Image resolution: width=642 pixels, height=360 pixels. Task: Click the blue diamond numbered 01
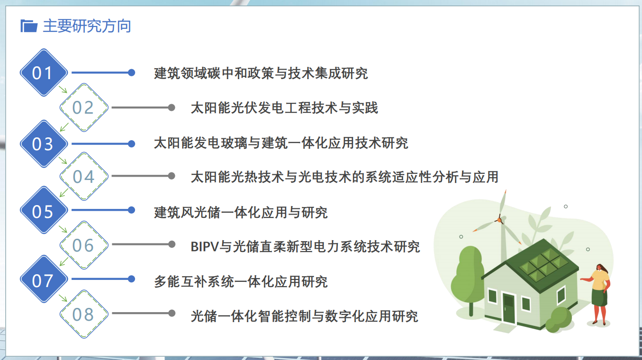pos(44,72)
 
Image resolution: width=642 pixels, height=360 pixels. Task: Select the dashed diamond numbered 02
pos(84,108)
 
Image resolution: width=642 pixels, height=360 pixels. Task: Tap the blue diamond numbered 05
pos(44,210)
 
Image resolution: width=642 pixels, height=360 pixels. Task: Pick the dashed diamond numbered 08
pos(84,314)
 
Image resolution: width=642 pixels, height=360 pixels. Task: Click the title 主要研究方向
pos(87,26)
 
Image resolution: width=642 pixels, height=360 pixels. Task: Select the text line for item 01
pos(261,73)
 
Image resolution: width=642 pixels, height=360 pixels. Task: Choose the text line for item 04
pos(344,177)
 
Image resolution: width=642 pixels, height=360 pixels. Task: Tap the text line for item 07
pos(241,282)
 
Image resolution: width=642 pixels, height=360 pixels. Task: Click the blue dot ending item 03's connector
pos(132,144)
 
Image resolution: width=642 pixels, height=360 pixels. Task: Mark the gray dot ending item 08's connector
pos(172,313)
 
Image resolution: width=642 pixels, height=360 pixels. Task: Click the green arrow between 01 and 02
pos(63,89)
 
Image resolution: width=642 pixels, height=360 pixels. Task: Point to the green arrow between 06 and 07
pos(63,261)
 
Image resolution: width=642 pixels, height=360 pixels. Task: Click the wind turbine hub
pos(499,220)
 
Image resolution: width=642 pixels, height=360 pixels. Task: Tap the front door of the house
pos(509,309)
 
